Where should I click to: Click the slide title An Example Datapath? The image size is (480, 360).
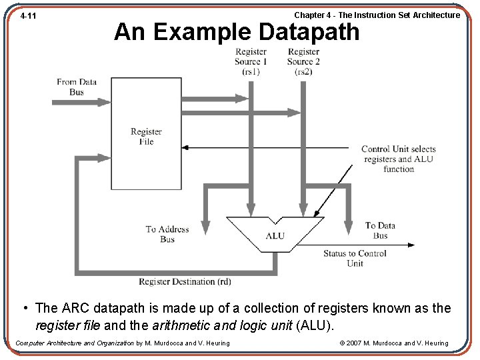tap(237, 31)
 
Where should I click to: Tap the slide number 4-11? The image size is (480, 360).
tap(28, 15)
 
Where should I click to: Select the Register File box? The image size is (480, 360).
tap(146, 133)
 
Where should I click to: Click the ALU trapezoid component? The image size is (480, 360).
tap(275, 235)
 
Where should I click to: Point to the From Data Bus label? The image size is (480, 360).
tap(77, 87)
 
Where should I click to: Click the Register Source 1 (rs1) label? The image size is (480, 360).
tap(251, 61)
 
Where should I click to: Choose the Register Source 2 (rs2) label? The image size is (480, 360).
tap(303, 61)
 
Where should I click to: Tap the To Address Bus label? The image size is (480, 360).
tap(167, 234)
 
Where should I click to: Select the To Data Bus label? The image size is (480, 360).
tap(380, 230)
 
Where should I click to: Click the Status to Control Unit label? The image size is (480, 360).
tap(355, 258)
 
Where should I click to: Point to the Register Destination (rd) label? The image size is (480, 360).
tap(185, 281)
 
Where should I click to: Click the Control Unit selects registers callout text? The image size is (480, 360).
tap(398, 159)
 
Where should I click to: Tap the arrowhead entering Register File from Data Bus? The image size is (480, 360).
tap(107, 102)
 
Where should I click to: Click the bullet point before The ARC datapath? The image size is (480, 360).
tap(24, 308)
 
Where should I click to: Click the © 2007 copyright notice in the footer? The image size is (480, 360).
tap(393, 343)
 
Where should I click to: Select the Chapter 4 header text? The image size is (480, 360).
tap(377, 15)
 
